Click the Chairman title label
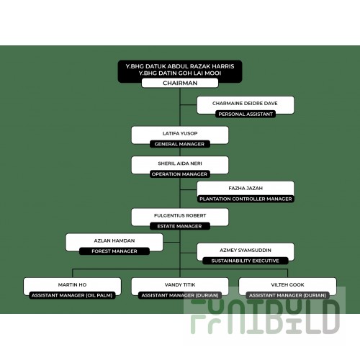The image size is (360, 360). point(180,83)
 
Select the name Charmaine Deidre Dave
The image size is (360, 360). point(245,104)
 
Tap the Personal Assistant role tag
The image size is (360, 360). point(246,114)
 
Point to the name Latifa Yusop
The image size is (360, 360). point(180,133)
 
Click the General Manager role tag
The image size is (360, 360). point(179,144)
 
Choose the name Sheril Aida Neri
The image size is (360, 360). point(180,163)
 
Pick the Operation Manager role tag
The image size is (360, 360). point(179,174)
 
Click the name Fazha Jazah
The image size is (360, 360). point(246,189)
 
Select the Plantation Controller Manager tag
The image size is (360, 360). point(246,199)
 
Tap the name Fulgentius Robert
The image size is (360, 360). point(180,215)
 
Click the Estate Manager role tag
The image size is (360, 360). point(179,226)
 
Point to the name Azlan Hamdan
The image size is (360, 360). point(114,240)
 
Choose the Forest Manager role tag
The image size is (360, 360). point(114,251)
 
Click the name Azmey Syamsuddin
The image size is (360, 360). point(246,251)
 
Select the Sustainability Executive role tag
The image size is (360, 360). point(246,261)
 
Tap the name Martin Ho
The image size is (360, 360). point(72,285)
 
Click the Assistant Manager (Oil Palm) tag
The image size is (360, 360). point(72,295)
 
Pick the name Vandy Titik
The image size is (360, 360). point(180,285)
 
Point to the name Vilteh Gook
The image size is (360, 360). point(287,285)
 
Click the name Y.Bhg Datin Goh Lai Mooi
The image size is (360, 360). point(180,73)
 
